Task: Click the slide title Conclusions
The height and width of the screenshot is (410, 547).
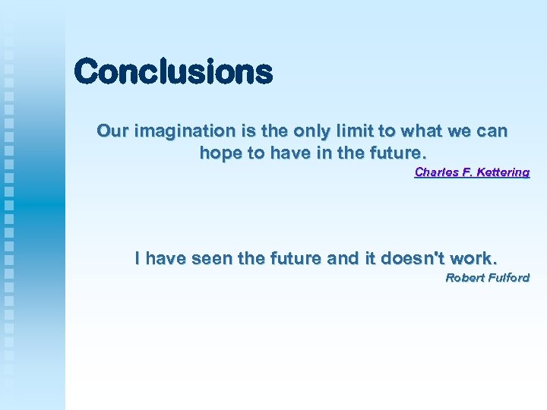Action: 173,73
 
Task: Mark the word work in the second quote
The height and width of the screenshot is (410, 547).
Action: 474,258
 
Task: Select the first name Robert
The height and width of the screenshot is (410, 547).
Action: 463,278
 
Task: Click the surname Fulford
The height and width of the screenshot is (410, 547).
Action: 507,278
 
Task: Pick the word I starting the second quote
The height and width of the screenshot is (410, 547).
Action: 138,258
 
